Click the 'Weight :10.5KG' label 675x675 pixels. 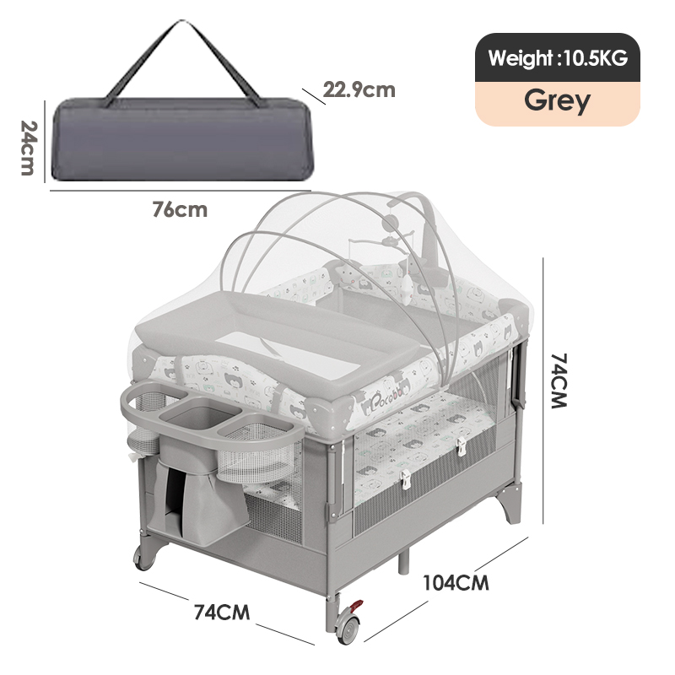(558, 58)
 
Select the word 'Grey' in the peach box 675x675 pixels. (557, 100)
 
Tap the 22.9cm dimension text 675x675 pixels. (359, 90)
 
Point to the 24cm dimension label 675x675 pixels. (29, 148)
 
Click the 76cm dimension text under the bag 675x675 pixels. (180, 209)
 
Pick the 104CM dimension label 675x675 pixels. (456, 583)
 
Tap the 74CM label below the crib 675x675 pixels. (222, 612)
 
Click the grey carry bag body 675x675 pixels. (182, 139)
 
